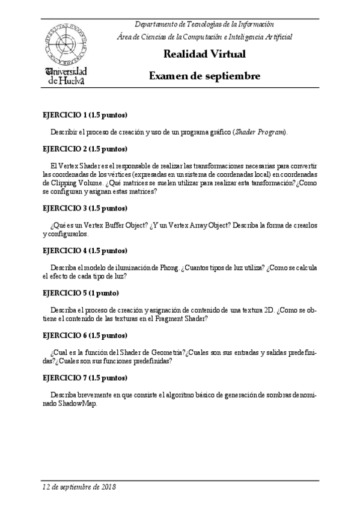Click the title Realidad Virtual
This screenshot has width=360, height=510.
pos(204,55)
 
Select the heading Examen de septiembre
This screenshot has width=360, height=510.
pos(204,77)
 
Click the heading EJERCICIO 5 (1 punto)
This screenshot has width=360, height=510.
pos(81,293)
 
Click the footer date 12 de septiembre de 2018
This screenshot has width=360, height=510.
pos(79,487)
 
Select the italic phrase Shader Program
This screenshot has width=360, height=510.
pos(260,132)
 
